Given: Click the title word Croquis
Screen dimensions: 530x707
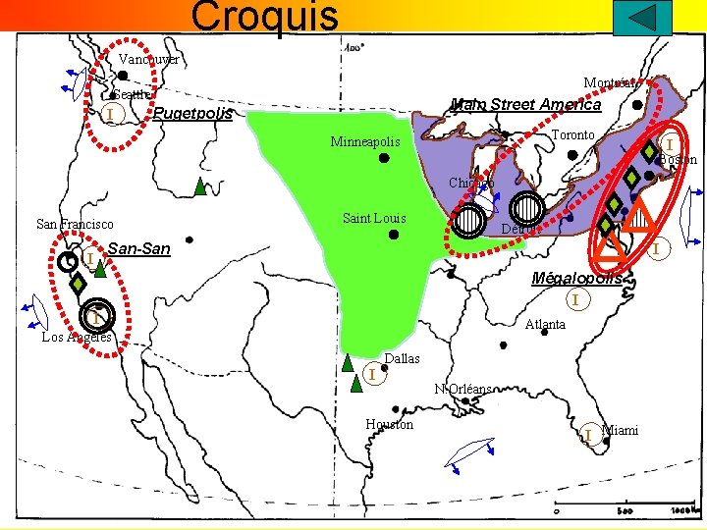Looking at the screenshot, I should coord(264,16).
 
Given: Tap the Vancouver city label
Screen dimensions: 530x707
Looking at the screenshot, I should coord(148,60).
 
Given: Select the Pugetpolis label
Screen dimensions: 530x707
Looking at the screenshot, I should coord(193,114).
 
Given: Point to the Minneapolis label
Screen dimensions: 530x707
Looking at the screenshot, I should coord(365,142).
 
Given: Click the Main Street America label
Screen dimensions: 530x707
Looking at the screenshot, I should coord(525,104).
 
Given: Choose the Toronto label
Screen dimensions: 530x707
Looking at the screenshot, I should coord(572,134).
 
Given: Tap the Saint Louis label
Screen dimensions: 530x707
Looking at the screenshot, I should coord(373,218).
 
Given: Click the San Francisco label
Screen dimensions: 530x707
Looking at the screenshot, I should coord(75,225).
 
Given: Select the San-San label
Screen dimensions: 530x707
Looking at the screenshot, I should coord(138,249).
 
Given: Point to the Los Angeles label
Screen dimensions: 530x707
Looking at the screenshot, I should coord(77,338).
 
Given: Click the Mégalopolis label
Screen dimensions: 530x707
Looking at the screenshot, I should coord(576,278).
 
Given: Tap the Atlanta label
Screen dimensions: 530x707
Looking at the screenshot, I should coord(545,325).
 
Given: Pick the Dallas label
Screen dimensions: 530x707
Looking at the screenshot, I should coord(403,359).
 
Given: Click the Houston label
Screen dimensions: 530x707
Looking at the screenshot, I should coord(389,424).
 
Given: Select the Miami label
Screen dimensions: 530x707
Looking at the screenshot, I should coord(620,430).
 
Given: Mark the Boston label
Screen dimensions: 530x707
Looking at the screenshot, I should coord(678,160).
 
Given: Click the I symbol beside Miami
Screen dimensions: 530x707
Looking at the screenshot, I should coord(586,434).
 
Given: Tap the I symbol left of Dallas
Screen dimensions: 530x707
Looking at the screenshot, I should coord(372,373).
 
